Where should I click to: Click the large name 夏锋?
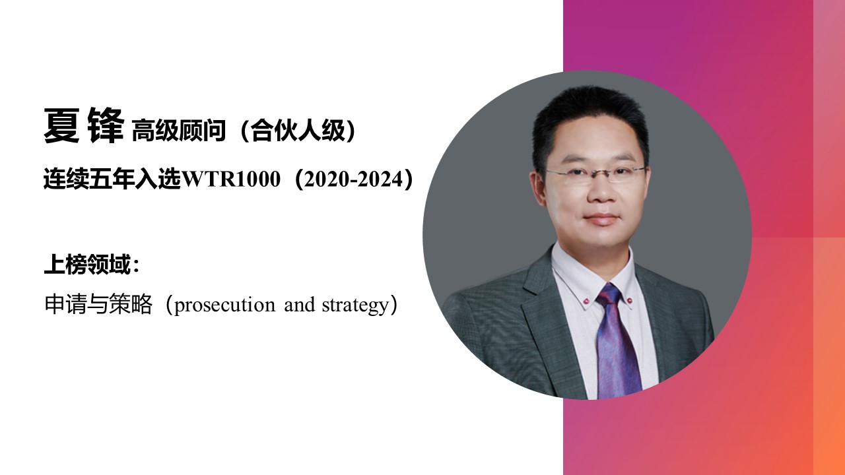[84, 125]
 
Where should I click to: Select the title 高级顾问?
[179, 131]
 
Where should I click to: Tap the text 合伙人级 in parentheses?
[298, 131]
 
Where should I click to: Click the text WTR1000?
[231, 179]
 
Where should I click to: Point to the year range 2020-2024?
[353, 179]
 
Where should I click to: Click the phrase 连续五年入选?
[112, 179]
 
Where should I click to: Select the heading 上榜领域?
[88, 265]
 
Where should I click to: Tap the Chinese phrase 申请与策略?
[98, 304]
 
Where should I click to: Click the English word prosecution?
[225, 305]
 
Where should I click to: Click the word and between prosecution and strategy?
[299, 305]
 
